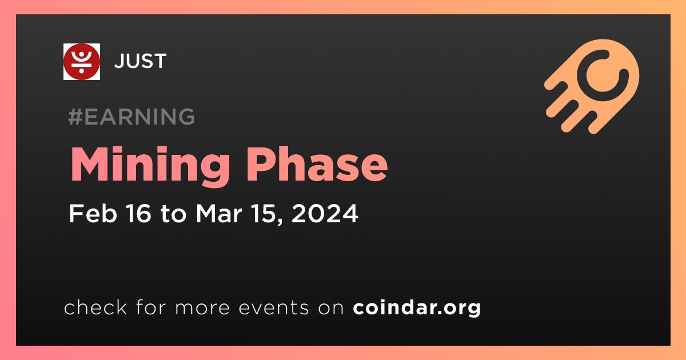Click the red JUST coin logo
coord(81,62)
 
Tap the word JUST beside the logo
coord(140,61)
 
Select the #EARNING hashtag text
coord(131,117)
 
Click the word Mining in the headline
coord(150,165)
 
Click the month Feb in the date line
coord(93,213)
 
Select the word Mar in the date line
coord(219,213)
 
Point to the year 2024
coord(325,213)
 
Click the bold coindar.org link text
coord(417,308)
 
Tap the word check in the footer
coord(95,307)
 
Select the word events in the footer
coord(273,308)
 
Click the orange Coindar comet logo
coord(592,86)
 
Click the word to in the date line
coord(173,214)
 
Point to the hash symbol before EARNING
coord(75,117)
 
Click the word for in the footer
coord(151,307)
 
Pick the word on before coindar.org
coord(331,309)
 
